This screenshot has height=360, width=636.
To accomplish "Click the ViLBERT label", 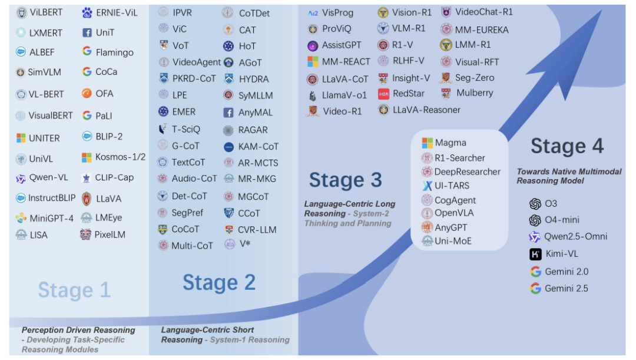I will [47, 12].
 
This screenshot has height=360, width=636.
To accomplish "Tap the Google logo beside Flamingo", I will [87, 52].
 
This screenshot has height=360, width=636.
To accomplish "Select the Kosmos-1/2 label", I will [121, 157].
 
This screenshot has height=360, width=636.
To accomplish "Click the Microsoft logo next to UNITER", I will [21, 138].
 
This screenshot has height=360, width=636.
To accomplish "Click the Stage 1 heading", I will [74, 290].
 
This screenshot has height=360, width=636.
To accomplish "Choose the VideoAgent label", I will [197, 62].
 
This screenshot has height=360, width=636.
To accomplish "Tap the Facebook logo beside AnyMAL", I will [228, 113].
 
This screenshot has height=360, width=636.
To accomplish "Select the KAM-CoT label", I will [259, 146].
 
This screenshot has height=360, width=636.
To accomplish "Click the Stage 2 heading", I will [219, 282].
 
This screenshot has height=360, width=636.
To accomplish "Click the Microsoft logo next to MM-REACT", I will [313, 61].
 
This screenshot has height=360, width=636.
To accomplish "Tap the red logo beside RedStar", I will [383, 93].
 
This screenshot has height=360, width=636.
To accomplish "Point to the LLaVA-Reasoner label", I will [427, 110].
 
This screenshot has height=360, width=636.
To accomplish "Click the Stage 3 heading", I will [345, 180].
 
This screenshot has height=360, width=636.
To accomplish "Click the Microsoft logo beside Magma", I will [427, 143].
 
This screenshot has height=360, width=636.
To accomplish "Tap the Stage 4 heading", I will [567, 146].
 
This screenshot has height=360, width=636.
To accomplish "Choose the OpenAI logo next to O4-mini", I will [535, 220].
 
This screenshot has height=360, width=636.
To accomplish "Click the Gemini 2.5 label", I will [567, 288].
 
